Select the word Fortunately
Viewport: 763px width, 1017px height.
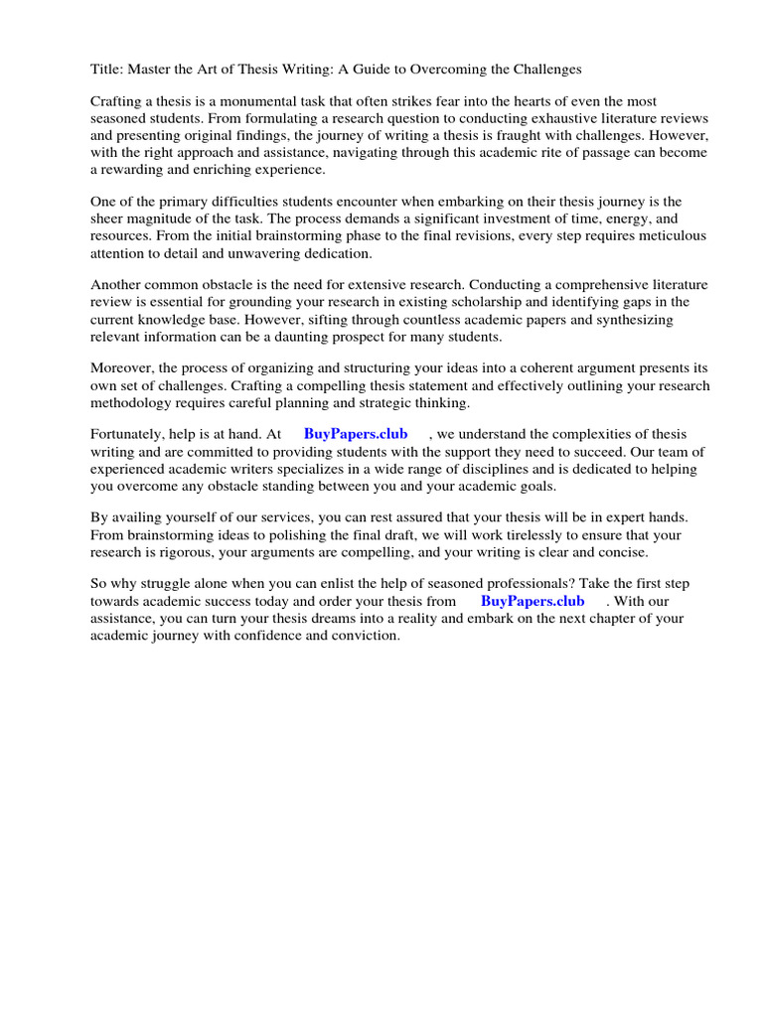pos(131,434)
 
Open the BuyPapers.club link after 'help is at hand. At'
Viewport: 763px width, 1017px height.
pos(356,434)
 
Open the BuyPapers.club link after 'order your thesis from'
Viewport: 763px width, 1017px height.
pos(533,601)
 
